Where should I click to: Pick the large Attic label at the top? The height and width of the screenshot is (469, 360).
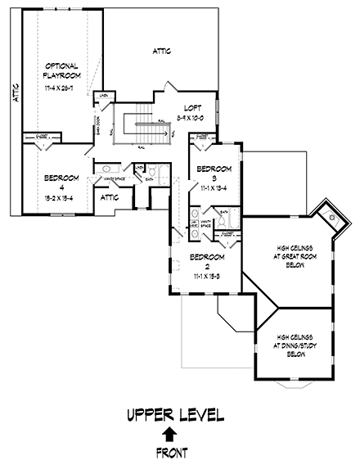(x=162, y=51)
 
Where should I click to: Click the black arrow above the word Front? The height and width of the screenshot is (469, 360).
(x=169, y=434)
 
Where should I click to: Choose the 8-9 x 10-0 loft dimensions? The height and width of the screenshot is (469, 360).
(x=193, y=118)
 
